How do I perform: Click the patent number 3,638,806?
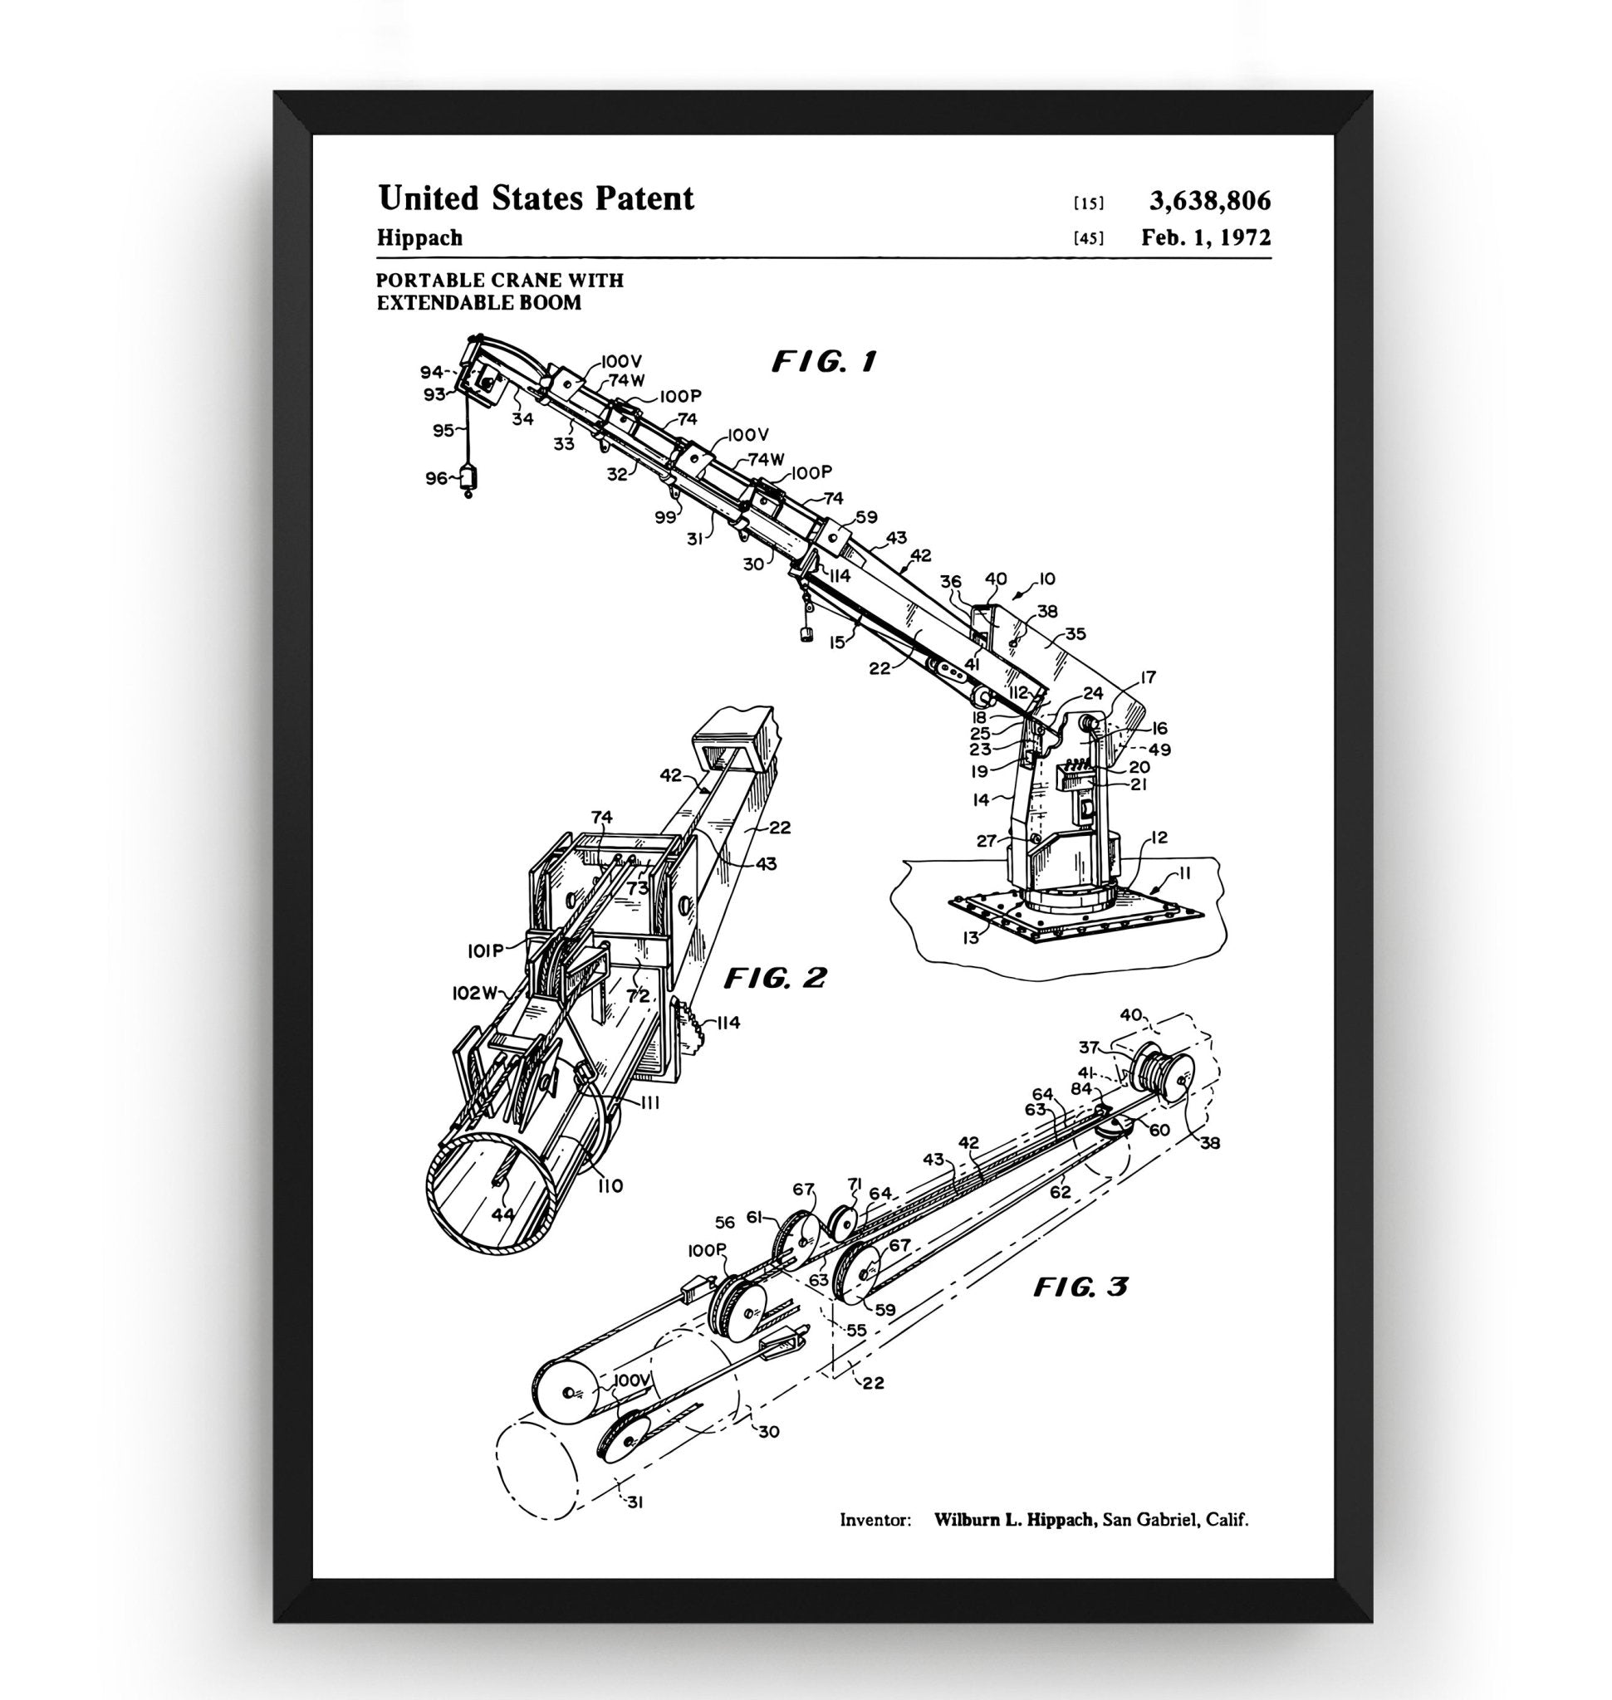[x=1210, y=201]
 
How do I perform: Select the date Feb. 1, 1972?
[x=1206, y=237]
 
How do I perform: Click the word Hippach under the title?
[x=419, y=238]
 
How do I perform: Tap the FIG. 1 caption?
[x=823, y=362]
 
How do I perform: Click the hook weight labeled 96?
[x=468, y=478]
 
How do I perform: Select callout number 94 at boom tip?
[x=430, y=372]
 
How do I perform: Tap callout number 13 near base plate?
[x=970, y=938]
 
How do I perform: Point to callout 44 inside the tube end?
[x=502, y=1214]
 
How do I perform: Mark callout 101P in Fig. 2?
[x=486, y=951]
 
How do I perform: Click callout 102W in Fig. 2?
[x=475, y=993]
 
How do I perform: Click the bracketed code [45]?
[x=1088, y=239]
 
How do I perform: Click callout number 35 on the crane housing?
[x=1075, y=634]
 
